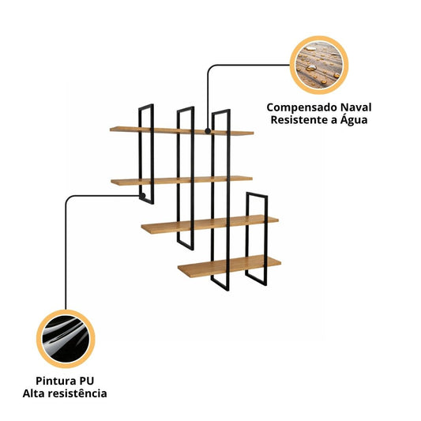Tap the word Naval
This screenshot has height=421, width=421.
356,107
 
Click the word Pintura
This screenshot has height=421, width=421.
53,381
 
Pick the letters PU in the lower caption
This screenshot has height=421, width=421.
86,381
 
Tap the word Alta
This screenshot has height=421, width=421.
33,393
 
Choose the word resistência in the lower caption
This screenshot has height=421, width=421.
78,393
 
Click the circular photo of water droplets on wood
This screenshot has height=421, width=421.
319,66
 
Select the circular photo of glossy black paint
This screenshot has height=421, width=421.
66,339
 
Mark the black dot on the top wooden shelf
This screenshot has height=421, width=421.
208,131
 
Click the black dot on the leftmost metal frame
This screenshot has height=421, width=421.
142,196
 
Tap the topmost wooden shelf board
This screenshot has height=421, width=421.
182,131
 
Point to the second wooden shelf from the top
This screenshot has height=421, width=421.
182,180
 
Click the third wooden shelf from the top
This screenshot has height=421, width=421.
209,224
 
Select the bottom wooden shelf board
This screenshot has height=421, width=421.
229,266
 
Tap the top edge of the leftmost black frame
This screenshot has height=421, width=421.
146,107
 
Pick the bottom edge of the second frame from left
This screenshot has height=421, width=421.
186,245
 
